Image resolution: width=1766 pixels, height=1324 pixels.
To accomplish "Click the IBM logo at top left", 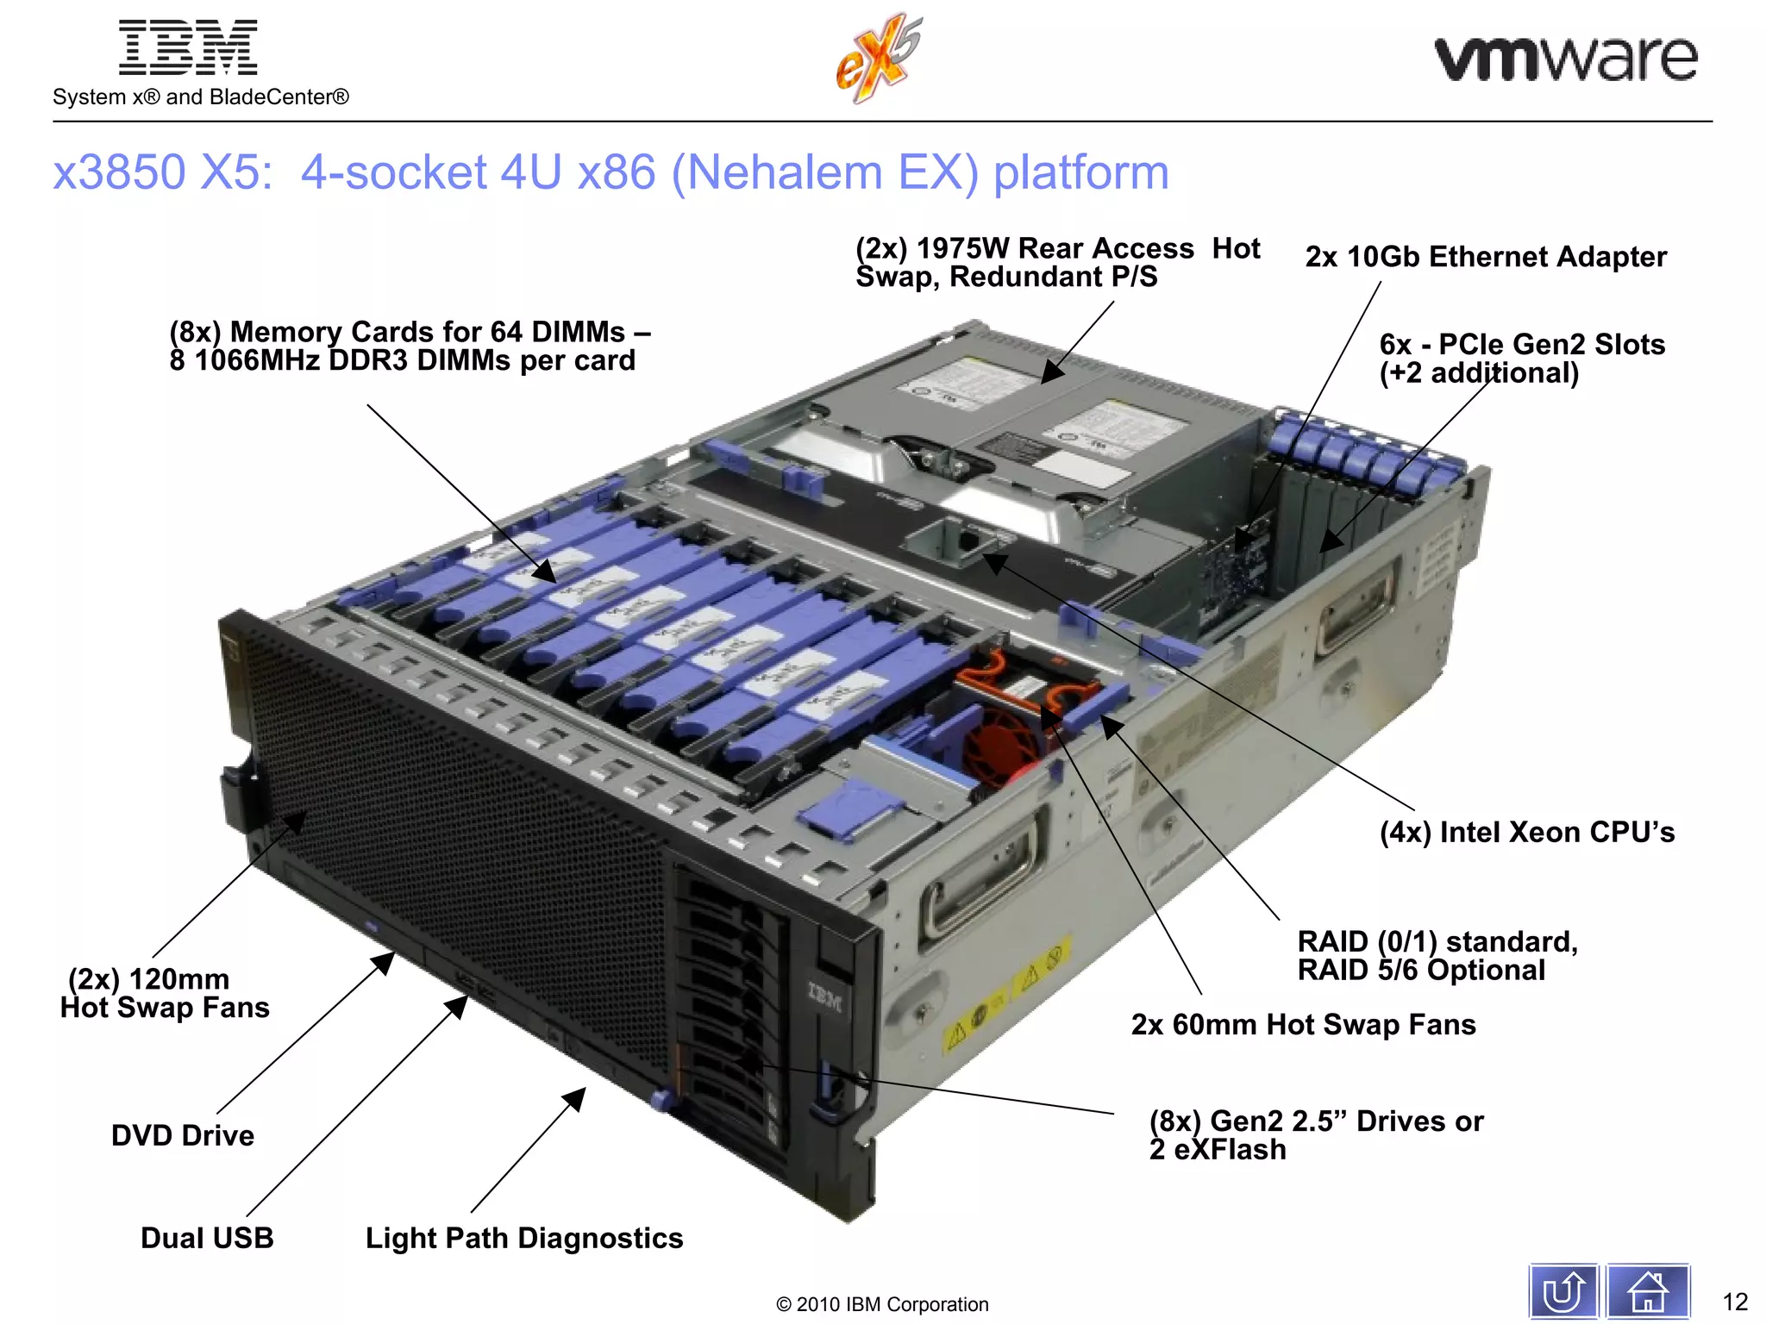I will (188, 48).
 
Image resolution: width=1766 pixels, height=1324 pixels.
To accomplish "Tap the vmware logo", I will (1565, 59).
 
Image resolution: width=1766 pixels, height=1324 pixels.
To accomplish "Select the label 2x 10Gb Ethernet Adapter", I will (1485, 257).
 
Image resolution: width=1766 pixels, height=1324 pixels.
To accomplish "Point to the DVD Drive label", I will (183, 1135).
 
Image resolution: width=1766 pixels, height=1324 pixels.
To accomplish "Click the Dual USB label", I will (207, 1238).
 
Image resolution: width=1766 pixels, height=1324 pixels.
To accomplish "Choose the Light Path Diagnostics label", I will (524, 1238).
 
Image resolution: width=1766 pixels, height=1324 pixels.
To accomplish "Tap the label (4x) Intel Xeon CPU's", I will (1526, 832).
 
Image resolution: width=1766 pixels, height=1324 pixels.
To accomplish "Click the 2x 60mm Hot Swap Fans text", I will (1303, 1024).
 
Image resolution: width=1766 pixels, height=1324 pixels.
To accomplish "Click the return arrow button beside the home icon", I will (1562, 1291).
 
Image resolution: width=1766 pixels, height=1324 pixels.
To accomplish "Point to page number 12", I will (1734, 1301).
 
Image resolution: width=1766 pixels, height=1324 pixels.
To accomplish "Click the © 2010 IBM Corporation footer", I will (882, 1304).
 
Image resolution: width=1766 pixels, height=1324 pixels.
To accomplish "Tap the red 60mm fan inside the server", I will (1000, 741).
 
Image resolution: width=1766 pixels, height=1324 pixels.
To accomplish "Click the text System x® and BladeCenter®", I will (201, 97).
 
